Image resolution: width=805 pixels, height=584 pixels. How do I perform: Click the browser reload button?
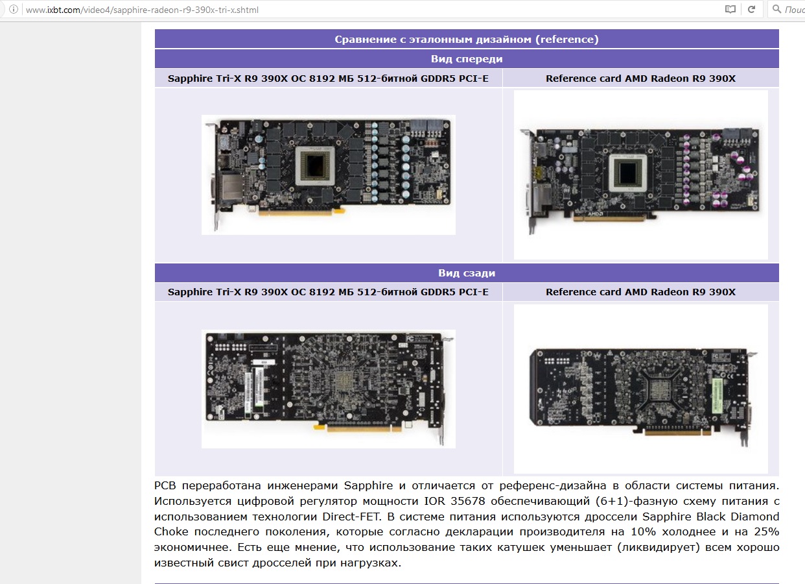751,9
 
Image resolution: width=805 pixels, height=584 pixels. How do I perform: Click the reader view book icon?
730,9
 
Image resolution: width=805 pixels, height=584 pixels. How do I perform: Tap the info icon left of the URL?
14,9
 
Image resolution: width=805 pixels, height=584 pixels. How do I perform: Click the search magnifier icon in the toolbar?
776,9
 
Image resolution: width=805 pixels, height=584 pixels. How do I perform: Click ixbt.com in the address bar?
64,10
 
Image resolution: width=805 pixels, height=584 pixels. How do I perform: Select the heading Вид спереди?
467,58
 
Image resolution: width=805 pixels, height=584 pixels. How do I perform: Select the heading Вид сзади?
467,273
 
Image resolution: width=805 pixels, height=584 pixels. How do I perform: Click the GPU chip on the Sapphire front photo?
315,166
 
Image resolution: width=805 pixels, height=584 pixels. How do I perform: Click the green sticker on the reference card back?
717,396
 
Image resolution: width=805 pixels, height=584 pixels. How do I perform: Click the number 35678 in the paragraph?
467,501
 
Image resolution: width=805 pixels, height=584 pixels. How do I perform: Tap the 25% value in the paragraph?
766,532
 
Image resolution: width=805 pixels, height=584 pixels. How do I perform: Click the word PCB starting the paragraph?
165,486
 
